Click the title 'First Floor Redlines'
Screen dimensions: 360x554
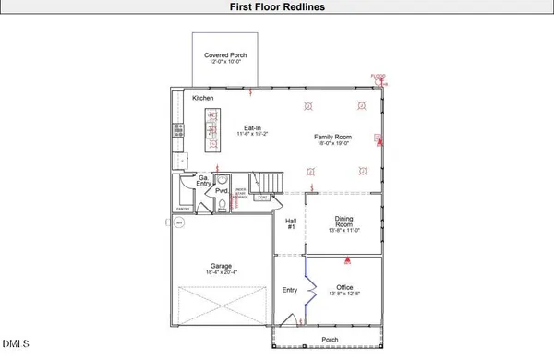click(276, 7)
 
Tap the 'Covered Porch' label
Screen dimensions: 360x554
click(225, 55)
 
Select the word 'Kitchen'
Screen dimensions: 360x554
click(204, 98)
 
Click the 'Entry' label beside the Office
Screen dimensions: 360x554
click(291, 290)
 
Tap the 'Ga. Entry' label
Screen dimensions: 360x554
click(203, 181)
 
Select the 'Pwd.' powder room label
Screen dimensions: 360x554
click(222, 192)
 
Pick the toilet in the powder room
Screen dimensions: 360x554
click(222, 204)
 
